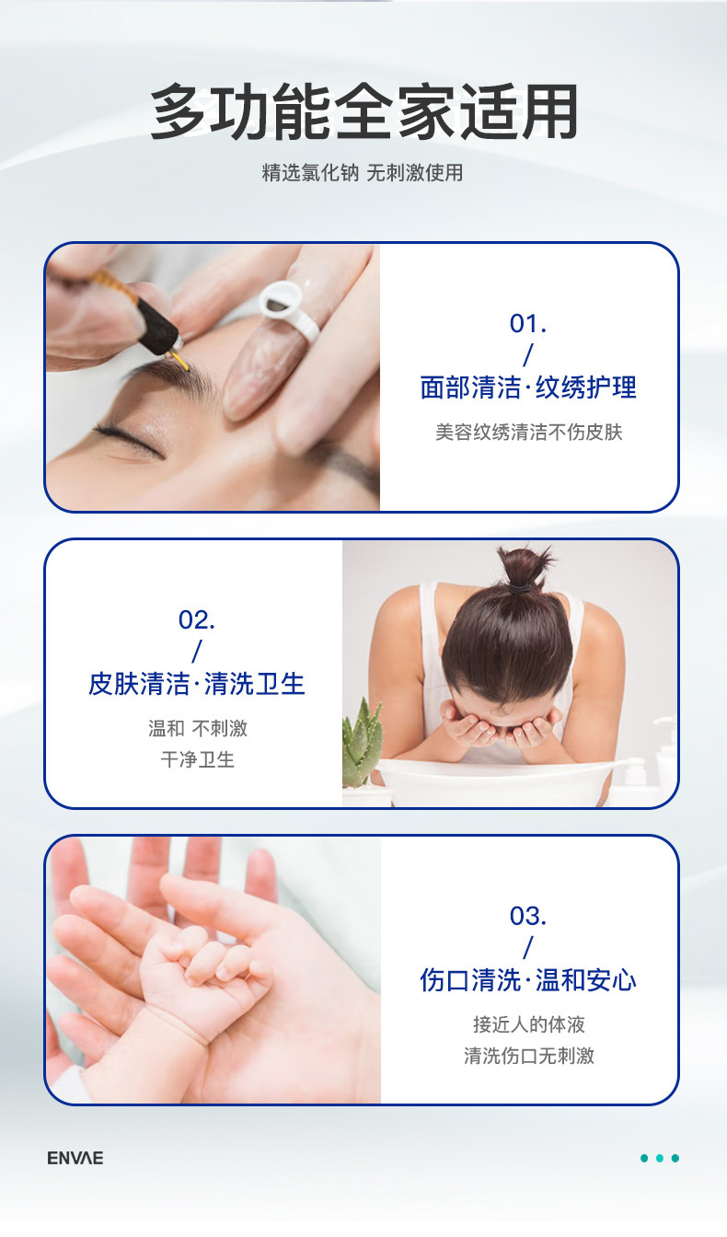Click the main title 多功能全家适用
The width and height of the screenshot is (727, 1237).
(x=363, y=112)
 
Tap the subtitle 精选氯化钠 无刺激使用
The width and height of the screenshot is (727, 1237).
(x=363, y=172)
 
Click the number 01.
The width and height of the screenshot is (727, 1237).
(x=528, y=324)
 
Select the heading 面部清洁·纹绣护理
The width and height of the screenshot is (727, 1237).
(x=528, y=387)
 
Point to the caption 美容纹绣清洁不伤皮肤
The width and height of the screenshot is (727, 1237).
(x=528, y=432)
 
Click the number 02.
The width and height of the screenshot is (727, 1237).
(x=197, y=619)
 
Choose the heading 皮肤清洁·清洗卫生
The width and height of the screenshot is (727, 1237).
(x=197, y=684)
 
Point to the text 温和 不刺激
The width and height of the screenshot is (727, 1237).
(x=197, y=728)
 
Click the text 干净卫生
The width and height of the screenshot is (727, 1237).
(x=197, y=759)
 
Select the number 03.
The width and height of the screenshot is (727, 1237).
(x=528, y=916)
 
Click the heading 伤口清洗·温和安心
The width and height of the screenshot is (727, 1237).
(x=528, y=980)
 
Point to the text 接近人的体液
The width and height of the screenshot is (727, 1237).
(x=528, y=1024)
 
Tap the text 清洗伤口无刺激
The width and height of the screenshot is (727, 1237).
(x=528, y=1056)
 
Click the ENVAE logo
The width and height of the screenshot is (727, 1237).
(x=75, y=1158)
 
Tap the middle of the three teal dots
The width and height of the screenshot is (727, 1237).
(x=660, y=1158)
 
